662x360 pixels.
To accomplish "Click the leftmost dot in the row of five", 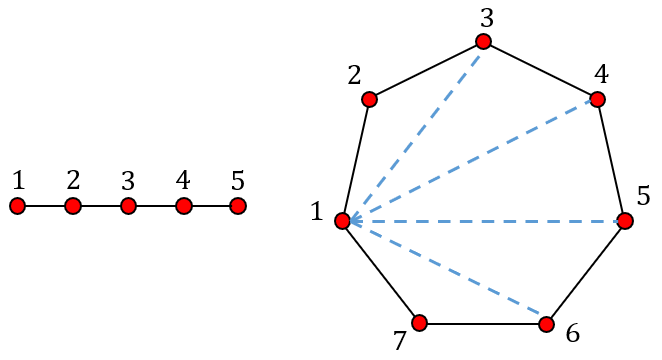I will click(17, 206).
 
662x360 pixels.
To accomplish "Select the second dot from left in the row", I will click(73, 206).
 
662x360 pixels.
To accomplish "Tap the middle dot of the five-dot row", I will click(128, 206).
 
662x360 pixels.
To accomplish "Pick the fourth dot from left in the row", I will click(184, 206).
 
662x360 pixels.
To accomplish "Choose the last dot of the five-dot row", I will click(238, 206).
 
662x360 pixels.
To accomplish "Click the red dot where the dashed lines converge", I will click(342, 221).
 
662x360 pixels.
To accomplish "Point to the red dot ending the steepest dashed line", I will click(483, 42).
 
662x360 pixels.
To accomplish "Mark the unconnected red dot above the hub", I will click(369, 99).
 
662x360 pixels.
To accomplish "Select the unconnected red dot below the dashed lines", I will click(419, 323).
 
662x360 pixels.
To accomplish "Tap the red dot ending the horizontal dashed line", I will click(625, 221).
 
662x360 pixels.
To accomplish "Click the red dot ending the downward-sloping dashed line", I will click(546, 324).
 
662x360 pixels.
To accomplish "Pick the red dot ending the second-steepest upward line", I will click(597, 99).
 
